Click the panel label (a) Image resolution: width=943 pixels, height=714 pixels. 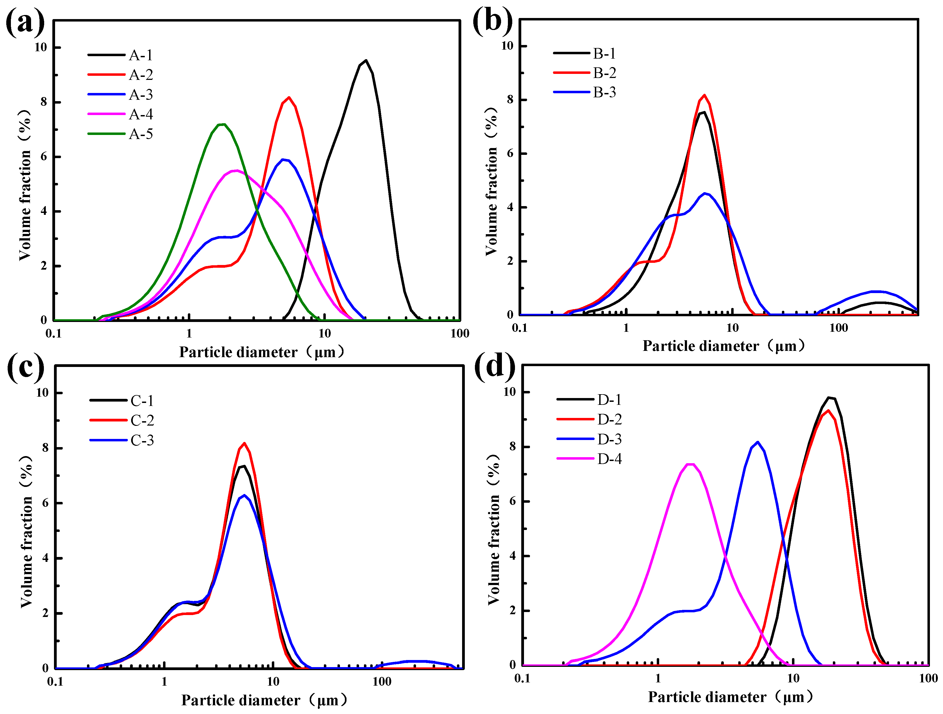coord(25,22)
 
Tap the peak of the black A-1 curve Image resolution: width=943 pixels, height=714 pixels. coord(365,61)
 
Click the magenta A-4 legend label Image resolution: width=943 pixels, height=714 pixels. coord(141,114)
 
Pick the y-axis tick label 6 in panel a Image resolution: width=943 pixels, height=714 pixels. coord(44,156)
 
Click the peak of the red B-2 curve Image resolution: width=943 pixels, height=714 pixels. coord(704,95)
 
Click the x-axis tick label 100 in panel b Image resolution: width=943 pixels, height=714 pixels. coord(838,328)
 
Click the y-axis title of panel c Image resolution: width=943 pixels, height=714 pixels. coord(26,531)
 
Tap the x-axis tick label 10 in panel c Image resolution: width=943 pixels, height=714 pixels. coord(273,681)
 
